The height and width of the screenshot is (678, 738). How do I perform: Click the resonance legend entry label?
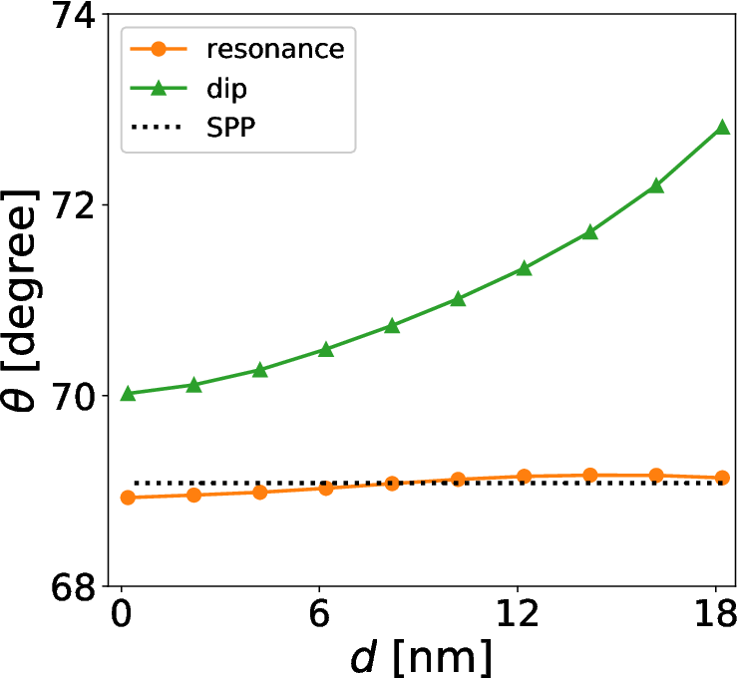coord(275,49)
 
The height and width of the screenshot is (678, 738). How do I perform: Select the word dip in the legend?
coord(226,88)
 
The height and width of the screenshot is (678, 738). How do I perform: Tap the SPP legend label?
coord(230,127)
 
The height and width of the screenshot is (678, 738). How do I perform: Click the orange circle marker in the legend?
coord(159,49)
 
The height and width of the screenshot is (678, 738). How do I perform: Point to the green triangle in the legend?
coord(159,88)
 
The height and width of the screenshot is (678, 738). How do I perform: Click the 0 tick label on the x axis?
coord(122,613)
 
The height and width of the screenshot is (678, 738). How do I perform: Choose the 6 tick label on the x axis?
coord(319,613)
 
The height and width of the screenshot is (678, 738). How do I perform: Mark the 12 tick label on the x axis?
coord(518,613)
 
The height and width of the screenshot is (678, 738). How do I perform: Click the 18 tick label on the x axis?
coord(716,613)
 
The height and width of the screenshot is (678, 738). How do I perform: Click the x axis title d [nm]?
coord(421,657)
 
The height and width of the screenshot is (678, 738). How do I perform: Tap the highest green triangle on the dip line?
coord(722,127)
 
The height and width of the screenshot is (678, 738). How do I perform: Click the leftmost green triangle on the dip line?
coord(128,394)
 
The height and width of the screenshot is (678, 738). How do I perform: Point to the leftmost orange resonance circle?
coord(128,498)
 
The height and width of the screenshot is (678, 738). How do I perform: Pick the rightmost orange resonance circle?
coord(722,478)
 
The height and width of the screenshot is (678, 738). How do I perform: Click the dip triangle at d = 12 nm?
coord(524,268)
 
